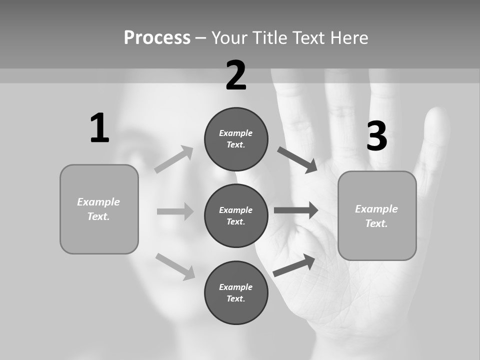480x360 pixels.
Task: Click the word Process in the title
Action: pos(157,38)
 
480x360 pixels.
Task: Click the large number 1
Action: pos(99,128)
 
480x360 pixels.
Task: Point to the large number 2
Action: pos(236,75)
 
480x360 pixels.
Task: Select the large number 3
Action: pos(376,136)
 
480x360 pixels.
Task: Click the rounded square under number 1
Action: pos(99,209)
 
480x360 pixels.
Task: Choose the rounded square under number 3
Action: pos(377,215)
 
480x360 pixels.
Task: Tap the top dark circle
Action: pos(236,139)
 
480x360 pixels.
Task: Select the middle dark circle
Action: pos(236,215)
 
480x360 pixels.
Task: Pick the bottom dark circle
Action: pos(236,292)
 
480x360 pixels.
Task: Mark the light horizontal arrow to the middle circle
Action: pos(175,211)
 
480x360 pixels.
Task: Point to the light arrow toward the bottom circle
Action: pos(175,266)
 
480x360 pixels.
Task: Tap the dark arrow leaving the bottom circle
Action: pos(294,265)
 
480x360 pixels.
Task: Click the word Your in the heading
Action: pos(229,38)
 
